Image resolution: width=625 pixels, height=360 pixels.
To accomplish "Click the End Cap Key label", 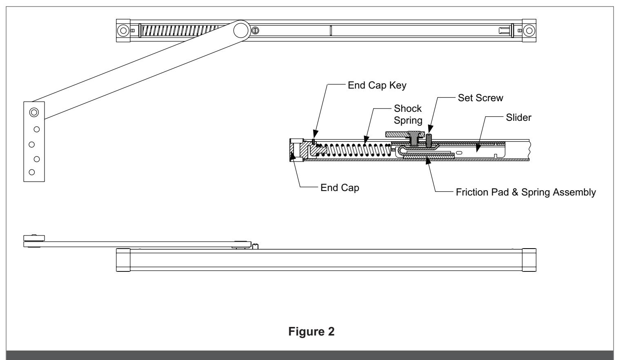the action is point(377,85).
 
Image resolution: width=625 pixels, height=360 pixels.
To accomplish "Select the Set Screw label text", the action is point(480,98).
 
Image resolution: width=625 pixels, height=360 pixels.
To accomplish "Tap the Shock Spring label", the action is point(408,114).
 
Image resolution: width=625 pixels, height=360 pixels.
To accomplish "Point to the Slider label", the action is point(518,118).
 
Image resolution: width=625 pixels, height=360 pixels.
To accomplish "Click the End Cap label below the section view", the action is point(340,188).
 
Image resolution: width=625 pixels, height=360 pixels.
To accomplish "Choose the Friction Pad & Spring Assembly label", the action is point(526,192).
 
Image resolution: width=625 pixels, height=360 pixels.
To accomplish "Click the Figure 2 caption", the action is point(311,331).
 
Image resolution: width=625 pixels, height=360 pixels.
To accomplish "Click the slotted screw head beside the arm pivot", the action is point(255,31).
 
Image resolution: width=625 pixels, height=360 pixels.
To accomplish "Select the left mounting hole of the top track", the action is point(123,31).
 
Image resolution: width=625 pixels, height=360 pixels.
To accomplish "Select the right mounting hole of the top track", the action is point(529,31).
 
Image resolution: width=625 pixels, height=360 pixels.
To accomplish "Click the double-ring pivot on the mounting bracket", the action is point(34,113).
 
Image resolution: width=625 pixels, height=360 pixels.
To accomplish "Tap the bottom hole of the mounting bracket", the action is point(32,172).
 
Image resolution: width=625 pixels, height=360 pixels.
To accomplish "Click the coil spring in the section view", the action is point(354,150).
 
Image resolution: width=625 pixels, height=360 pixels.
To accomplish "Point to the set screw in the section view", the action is point(429,140).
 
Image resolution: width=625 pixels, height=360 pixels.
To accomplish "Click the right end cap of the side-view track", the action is point(529,260).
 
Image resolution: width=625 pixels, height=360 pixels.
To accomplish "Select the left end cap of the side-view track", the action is point(123,260).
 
